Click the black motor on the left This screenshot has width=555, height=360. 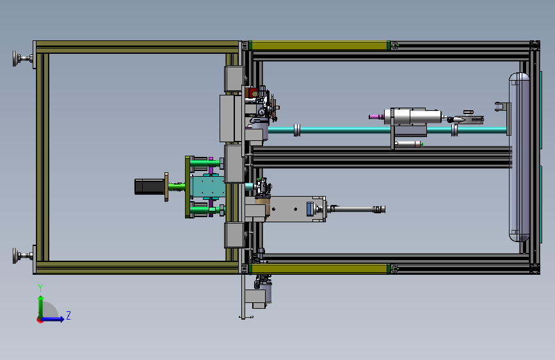pyautogui.click(x=149, y=187)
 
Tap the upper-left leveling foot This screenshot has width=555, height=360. pyautogui.click(x=22, y=58)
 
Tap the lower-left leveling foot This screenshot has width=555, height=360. pyautogui.click(x=22, y=256)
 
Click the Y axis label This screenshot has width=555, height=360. pyautogui.click(x=40, y=288)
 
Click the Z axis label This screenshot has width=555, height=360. pyautogui.click(x=68, y=315)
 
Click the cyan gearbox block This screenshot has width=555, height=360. pyautogui.click(x=207, y=187)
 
